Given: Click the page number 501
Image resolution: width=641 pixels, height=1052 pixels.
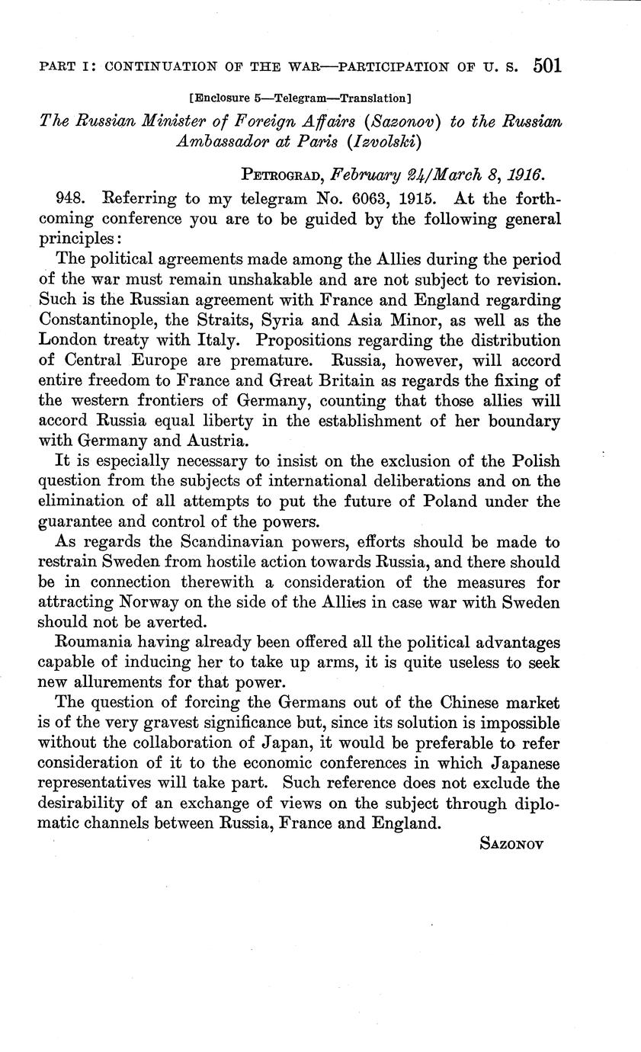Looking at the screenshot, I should coord(547,66).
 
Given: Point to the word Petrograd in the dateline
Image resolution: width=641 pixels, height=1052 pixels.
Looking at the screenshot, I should coord(280,174).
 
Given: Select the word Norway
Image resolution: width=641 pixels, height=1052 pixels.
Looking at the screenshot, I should coord(151,601).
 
